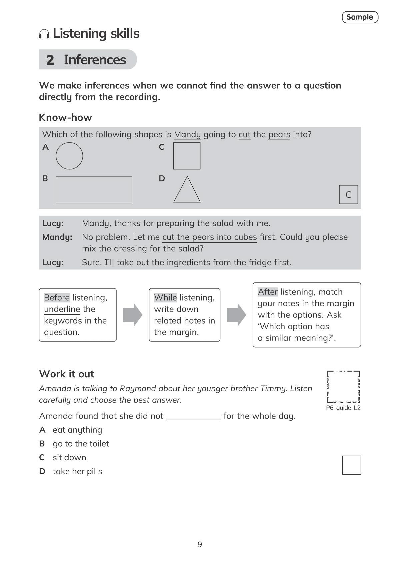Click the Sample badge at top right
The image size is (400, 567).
[x=360, y=17]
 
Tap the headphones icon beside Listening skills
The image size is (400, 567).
[x=44, y=34]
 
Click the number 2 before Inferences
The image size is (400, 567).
[x=50, y=60]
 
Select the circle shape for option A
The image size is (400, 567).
[x=69, y=156]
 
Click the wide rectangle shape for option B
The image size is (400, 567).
[x=94, y=189]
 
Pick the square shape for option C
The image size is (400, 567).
[x=187, y=156]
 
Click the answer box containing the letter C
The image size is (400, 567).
[x=348, y=194]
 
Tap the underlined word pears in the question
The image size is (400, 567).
[x=279, y=134]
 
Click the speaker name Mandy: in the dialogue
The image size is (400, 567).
[x=57, y=237]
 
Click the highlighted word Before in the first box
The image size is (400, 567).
[x=57, y=298]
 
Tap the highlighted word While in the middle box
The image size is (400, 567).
[x=165, y=298]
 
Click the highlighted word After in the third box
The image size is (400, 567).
[x=267, y=292]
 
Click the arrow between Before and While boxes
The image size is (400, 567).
[x=132, y=315]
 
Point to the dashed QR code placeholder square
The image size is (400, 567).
[x=343, y=387]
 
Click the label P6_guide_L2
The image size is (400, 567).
[x=343, y=408]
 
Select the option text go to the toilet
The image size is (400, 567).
[x=81, y=444]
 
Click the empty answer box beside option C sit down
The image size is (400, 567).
[x=351, y=465]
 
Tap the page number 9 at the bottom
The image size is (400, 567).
[x=200, y=544]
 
